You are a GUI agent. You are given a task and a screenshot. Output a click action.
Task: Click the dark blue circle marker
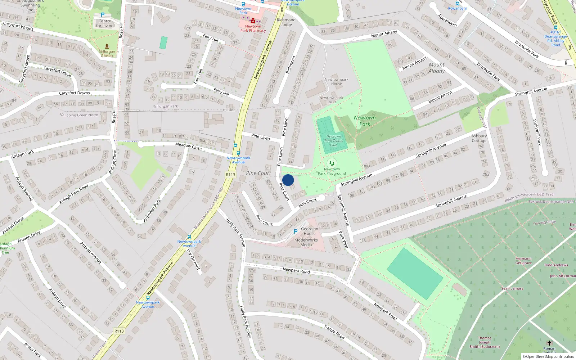288,180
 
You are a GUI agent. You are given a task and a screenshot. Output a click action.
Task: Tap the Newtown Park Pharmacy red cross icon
253,21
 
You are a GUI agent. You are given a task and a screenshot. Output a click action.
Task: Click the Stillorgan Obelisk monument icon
107,46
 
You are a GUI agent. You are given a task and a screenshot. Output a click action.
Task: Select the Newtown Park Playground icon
332,163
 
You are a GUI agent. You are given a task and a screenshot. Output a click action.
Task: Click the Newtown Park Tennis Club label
334,141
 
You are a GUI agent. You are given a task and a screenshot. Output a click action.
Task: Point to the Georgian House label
310,231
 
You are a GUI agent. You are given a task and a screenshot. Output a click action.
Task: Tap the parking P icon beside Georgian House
296,231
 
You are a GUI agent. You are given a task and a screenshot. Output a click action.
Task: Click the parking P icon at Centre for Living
103,15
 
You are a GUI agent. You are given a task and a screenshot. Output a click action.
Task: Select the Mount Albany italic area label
436,68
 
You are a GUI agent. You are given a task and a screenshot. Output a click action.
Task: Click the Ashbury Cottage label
479,138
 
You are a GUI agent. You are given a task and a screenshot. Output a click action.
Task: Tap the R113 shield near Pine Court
230,175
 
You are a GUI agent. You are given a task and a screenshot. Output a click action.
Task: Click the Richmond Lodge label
286,22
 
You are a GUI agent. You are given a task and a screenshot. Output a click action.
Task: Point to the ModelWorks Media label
306,242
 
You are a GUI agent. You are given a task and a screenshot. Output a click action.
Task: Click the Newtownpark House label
336,82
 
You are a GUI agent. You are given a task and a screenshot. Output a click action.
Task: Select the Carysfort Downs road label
75,93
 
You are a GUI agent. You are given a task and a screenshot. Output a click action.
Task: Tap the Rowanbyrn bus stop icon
457,4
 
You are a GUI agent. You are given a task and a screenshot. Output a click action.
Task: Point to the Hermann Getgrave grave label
523,261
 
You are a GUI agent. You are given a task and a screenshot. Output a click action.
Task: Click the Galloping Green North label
79,115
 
